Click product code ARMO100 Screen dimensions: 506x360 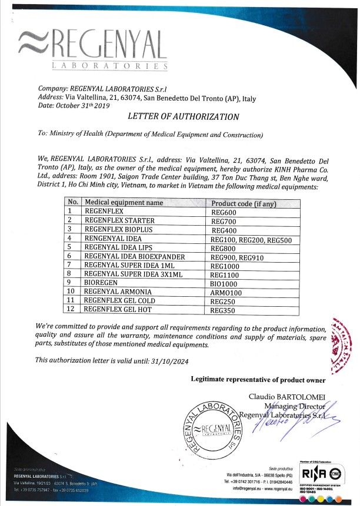226,291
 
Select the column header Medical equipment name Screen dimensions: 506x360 124,203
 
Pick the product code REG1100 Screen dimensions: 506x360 225,274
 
